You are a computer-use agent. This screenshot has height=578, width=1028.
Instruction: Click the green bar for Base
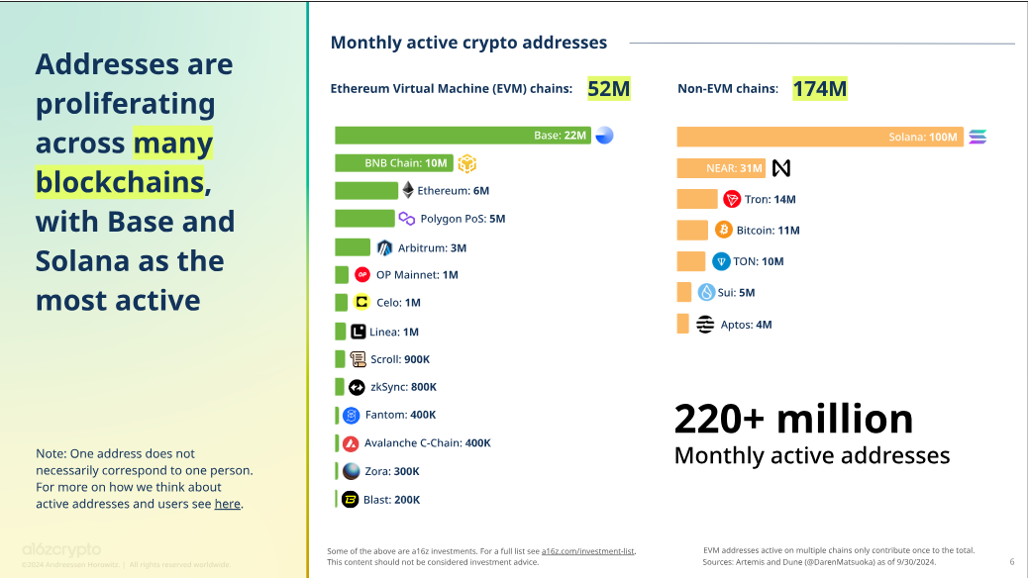(x=463, y=136)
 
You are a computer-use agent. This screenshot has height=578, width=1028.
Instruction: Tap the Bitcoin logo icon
(x=724, y=230)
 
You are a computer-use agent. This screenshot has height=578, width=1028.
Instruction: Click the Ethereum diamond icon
(x=407, y=190)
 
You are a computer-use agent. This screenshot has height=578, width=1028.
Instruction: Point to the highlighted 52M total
(x=609, y=89)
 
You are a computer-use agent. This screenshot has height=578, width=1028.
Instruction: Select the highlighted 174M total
(x=819, y=89)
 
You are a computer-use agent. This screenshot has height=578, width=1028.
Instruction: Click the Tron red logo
(x=732, y=199)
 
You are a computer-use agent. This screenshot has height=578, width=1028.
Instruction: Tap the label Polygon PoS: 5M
(x=463, y=219)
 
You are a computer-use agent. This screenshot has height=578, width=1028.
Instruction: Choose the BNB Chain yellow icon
(x=466, y=163)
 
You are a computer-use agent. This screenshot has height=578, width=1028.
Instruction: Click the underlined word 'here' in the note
(x=227, y=504)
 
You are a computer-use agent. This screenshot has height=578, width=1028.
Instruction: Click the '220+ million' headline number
(x=793, y=419)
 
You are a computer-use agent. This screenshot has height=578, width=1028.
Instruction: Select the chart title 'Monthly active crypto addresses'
(x=468, y=43)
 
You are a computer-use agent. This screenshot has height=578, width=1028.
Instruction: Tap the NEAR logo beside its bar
(x=781, y=168)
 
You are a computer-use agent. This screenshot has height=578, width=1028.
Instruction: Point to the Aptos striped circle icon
(x=705, y=325)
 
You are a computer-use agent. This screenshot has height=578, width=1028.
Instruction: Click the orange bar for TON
(x=690, y=261)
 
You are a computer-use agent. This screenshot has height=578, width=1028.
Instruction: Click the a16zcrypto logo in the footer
(x=61, y=549)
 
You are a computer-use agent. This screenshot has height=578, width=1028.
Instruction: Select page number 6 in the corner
(x=1011, y=562)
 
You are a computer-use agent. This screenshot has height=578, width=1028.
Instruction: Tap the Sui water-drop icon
(x=706, y=292)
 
